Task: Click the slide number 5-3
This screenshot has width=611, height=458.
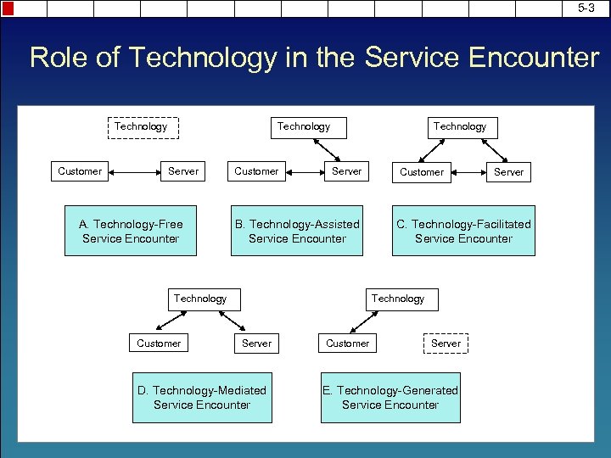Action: point(586,8)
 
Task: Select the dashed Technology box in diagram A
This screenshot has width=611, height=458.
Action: point(141,127)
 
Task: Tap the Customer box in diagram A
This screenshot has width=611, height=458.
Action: point(80,171)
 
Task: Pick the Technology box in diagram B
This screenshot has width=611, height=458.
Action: point(303,127)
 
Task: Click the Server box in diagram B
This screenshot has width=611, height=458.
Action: point(346,171)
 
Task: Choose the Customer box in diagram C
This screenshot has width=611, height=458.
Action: point(422,172)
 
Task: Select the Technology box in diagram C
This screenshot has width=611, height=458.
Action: point(460,127)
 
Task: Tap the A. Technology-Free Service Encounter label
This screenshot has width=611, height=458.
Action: point(131,232)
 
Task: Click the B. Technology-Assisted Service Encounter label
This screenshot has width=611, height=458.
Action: point(297,232)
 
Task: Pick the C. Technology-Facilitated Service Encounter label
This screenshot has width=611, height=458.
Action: point(463,232)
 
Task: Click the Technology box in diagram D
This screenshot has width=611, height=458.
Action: point(200,299)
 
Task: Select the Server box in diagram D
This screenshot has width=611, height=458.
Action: point(257,343)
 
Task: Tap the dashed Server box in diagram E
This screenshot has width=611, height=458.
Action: point(446,343)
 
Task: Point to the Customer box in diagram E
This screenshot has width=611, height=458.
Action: point(348,343)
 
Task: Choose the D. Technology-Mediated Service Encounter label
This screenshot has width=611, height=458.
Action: point(202,398)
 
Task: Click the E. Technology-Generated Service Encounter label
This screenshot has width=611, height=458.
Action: point(390,398)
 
